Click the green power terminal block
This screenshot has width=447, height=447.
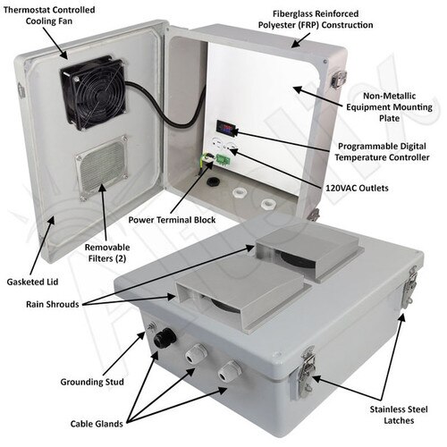tap(215, 159)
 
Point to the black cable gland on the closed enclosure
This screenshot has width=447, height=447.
tap(162, 340)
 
